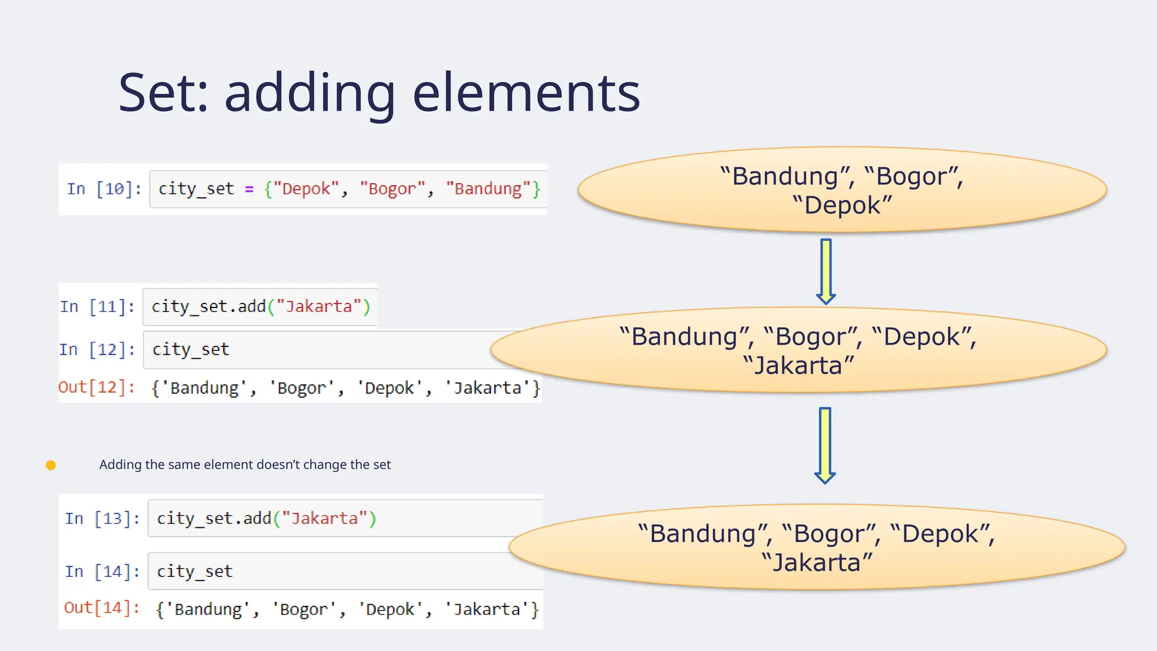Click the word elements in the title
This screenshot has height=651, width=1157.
527,93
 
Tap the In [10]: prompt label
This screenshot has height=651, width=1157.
104,189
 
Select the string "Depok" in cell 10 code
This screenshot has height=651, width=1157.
306,189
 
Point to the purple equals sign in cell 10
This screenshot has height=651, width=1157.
249,189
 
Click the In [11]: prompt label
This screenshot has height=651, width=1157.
97,307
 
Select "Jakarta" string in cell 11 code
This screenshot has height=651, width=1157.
319,307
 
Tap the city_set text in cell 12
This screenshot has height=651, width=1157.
191,350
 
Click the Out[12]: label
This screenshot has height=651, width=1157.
97,388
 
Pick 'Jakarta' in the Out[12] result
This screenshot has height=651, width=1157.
487,388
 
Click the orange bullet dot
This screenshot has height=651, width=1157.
51,465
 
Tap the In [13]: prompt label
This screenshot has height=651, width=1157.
102,519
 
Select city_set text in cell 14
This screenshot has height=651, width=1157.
194,572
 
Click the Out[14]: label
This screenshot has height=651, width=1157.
102,608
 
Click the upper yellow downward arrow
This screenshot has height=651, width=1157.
826,270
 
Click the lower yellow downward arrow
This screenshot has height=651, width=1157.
825,444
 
